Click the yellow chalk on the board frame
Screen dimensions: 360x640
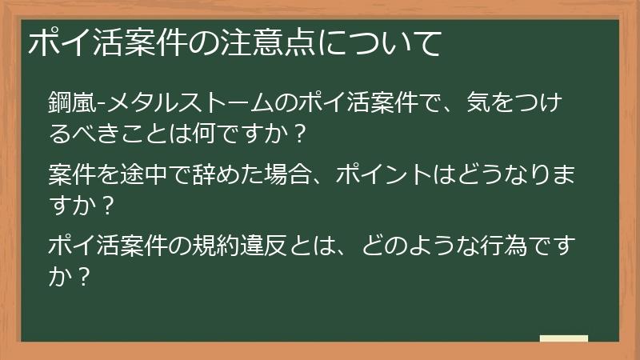(563, 339)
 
